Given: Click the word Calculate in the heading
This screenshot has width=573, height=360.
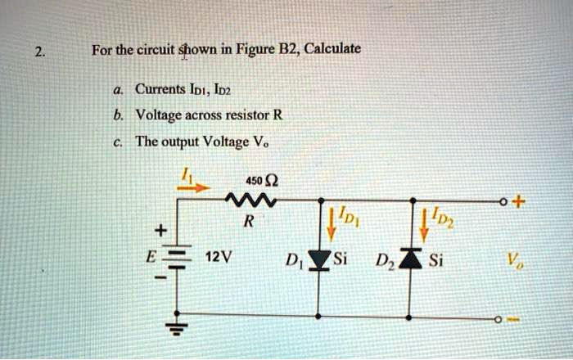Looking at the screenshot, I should pyautogui.click(x=332, y=50).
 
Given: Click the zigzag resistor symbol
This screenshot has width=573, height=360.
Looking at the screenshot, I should pyautogui.click(x=246, y=200).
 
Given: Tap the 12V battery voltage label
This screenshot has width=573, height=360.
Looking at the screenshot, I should pyautogui.click(x=217, y=257).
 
